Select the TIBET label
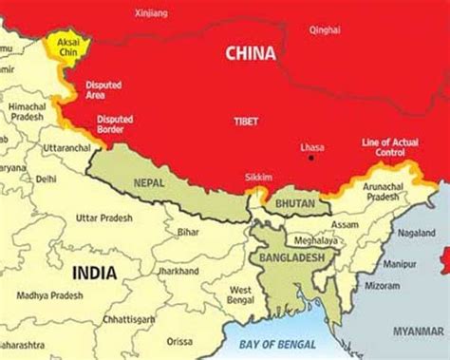pos(246,122)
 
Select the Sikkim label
pos(257,178)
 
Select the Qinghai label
pos(324,29)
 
